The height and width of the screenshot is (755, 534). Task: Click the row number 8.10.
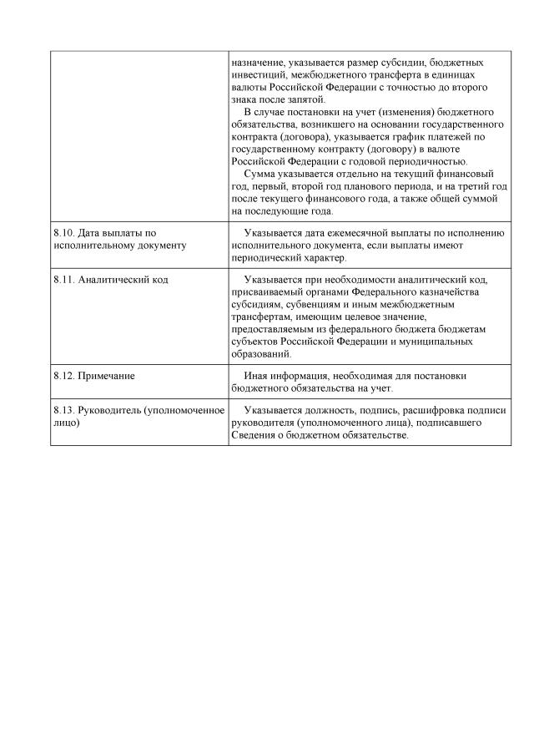[x=63, y=233]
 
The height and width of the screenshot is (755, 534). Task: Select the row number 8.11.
[x=63, y=280]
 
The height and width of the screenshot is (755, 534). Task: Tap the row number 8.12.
[x=63, y=376]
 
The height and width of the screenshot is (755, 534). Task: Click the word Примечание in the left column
[x=107, y=376]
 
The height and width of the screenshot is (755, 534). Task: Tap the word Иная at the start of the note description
[x=255, y=376]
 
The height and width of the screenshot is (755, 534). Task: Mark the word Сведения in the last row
[x=254, y=436]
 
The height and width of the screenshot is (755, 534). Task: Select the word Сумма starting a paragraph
[x=259, y=174]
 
